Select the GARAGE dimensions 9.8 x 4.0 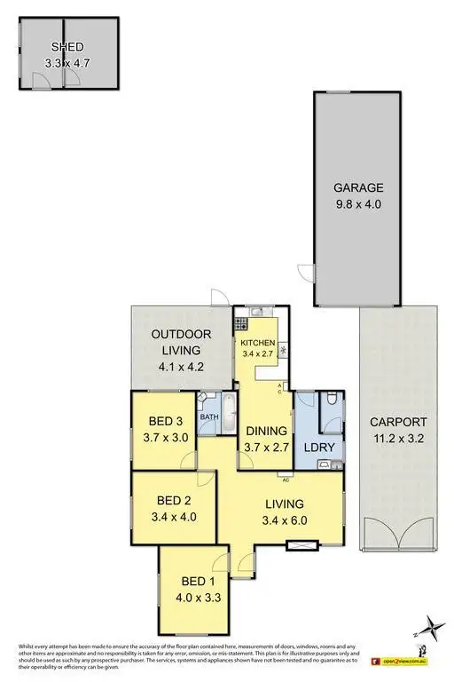358,203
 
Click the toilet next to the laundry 331,401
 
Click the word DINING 266,432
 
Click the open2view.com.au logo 403,660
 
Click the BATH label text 209,416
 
